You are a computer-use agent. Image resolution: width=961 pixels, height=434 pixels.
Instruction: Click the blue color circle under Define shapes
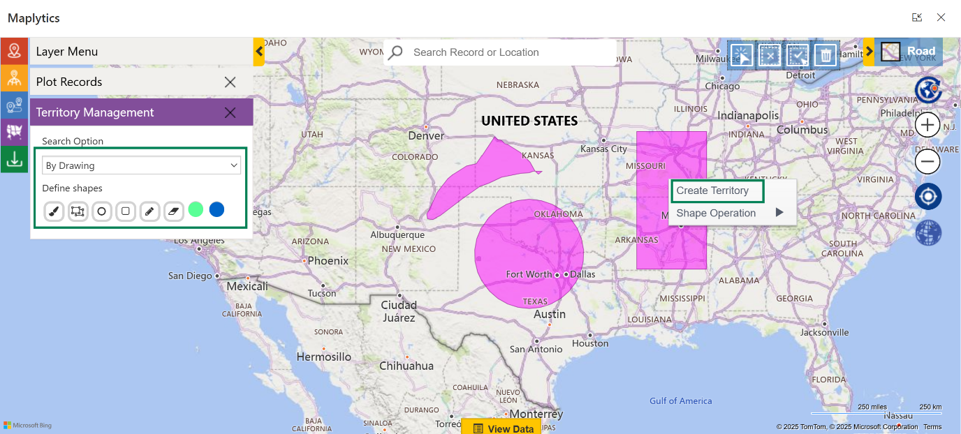[x=217, y=209]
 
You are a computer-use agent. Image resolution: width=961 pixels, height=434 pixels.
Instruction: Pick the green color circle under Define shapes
[x=196, y=209]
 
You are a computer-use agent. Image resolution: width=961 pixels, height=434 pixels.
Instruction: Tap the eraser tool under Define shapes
[x=173, y=211]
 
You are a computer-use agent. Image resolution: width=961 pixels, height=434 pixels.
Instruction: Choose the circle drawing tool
[x=102, y=211]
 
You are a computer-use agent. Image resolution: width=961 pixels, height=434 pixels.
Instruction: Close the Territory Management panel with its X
[x=230, y=112]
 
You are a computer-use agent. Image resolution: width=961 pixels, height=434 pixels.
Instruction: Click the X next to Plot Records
[x=230, y=82]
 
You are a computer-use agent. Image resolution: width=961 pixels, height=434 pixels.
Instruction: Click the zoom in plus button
[x=927, y=126]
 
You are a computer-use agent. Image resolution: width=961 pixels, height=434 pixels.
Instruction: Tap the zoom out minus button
[x=927, y=163]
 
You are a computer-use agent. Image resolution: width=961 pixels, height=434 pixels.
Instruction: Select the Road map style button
[x=909, y=52]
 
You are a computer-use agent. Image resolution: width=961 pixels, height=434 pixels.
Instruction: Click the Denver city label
[x=426, y=135]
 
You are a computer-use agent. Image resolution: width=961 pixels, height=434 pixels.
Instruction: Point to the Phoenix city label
[x=328, y=260]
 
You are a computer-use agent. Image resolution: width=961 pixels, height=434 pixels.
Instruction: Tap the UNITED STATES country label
[x=529, y=121]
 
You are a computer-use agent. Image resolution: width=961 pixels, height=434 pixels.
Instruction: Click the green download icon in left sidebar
[x=14, y=159]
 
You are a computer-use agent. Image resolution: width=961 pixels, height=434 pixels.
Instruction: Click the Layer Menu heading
[x=67, y=52]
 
